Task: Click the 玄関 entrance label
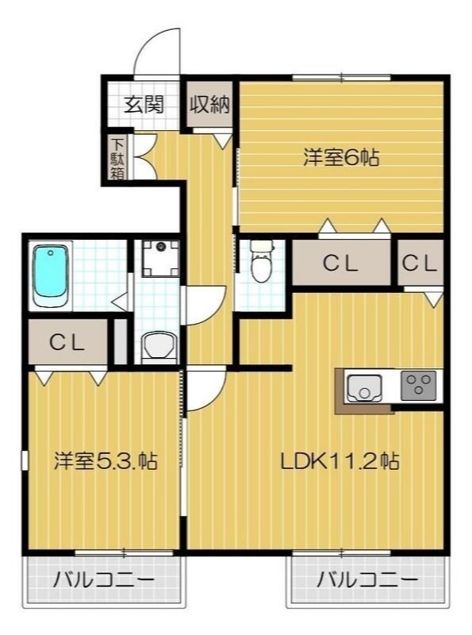click(x=144, y=104)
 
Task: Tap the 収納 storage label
click(x=209, y=104)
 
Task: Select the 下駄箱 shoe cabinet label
click(x=117, y=156)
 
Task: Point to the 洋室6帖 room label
click(x=340, y=157)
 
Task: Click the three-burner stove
click(x=418, y=387)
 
